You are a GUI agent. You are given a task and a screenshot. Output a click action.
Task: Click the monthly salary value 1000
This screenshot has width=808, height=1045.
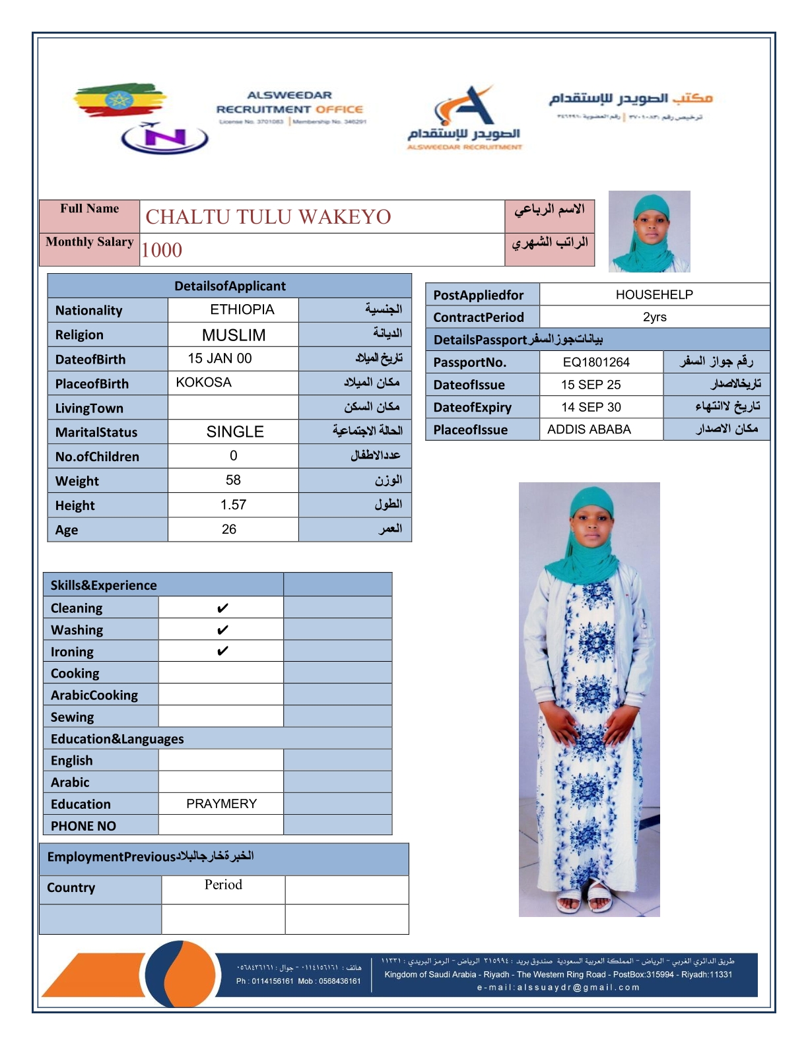(x=162, y=250)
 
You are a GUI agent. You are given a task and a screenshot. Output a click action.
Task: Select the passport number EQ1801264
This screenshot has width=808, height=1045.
(x=596, y=362)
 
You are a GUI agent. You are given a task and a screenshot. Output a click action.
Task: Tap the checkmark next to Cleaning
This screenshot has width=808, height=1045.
(x=222, y=608)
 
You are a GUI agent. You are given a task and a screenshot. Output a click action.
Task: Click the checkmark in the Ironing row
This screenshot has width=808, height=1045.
(x=222, y=651)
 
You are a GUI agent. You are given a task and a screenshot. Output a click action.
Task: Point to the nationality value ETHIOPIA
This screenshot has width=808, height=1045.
(x=242, y=309)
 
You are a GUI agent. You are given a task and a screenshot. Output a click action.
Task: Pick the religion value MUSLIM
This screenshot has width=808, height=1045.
(x=234, y=335)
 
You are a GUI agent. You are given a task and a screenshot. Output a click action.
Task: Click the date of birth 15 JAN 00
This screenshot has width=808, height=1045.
(x=220, y=358)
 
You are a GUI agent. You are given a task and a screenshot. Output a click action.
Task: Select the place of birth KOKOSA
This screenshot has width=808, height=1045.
(x=203, y=383)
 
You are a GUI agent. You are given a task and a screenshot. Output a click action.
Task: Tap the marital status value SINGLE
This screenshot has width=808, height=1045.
(x=235, y=432)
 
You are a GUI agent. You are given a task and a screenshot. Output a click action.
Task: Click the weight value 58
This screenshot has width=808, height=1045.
(x=233, y=480)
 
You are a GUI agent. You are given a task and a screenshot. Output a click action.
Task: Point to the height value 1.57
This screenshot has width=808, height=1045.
(x=233, y=505)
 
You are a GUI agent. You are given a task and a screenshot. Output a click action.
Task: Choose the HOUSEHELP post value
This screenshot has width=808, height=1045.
(x=654, y=295)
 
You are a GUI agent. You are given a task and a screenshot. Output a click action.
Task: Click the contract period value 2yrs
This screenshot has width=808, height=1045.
(x=654, y=317)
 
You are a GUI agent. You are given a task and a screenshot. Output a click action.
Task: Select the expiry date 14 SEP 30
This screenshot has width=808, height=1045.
(x=591, y=407)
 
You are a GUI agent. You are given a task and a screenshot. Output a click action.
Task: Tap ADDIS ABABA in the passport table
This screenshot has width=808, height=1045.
(x=589, y=429)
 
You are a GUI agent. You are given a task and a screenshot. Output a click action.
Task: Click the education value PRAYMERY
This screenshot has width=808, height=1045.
(x=221, y=804)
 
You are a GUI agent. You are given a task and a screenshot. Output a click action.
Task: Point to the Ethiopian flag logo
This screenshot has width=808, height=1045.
(x=119, y=100)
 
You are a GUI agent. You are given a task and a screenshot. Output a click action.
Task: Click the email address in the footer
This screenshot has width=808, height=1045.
(x=558, y=988)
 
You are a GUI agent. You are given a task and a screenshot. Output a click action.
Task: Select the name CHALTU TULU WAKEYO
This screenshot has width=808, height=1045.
(x=268, y=217)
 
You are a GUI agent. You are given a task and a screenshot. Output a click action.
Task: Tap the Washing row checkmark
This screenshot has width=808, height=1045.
(x=222, y=630)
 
